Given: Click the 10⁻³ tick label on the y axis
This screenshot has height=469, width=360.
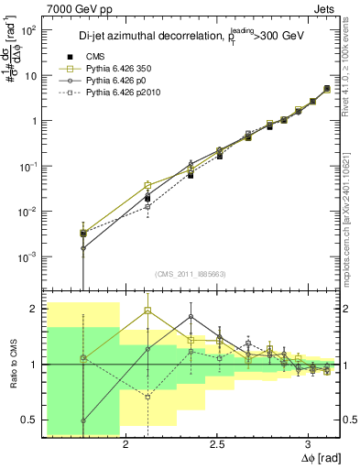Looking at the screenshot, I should (27, 256).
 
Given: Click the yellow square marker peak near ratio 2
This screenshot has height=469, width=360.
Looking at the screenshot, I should (148, 311).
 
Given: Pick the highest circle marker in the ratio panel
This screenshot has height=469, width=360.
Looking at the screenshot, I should (191, 317).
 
